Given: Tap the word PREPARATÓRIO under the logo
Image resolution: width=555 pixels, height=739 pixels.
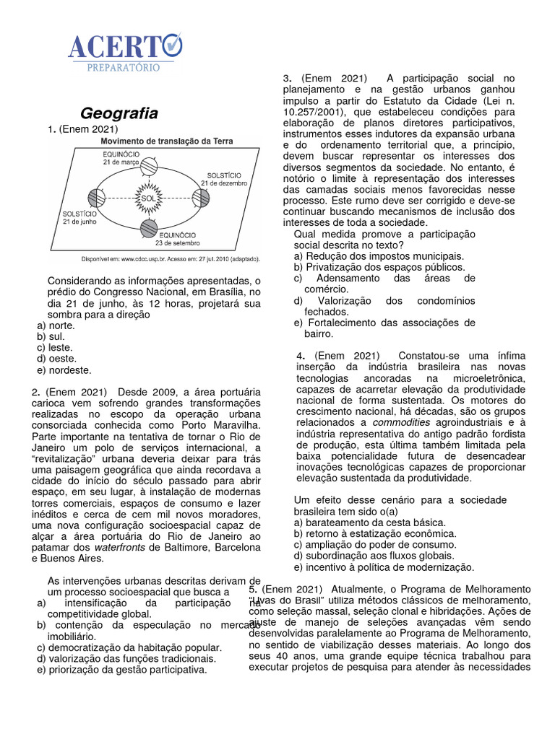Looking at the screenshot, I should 124,66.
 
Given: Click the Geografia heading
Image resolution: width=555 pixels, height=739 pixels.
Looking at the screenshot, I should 119,113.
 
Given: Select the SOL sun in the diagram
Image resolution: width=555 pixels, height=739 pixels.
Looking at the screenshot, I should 148,197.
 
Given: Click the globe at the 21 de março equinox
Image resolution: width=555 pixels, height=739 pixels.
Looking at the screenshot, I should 148,167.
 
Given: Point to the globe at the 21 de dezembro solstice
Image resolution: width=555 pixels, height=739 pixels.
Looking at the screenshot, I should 200,197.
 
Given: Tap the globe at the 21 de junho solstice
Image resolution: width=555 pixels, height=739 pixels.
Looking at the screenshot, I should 96,198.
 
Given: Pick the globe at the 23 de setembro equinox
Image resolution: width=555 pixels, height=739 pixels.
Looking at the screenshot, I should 148,228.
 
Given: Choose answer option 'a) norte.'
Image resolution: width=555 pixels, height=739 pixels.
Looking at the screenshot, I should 56,325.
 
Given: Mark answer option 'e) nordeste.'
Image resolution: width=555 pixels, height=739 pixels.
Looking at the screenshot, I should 64,370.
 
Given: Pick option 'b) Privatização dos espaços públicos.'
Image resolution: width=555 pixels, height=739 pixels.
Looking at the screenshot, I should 379,267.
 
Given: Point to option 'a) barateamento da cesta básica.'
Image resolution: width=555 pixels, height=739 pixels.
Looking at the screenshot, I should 369,522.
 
